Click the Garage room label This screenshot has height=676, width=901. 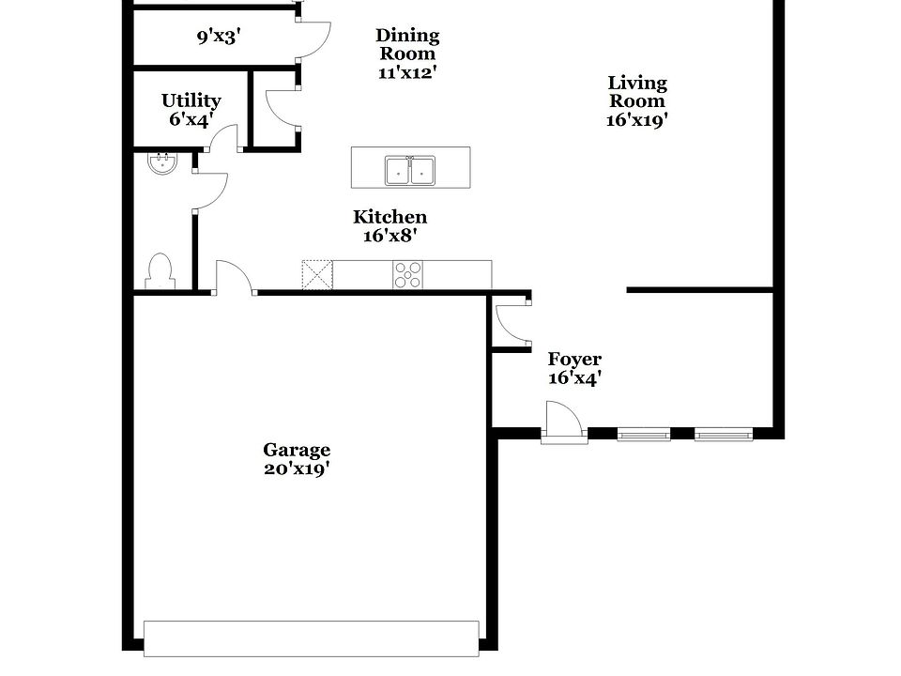(296, 451)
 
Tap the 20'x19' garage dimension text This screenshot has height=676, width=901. (296, 469)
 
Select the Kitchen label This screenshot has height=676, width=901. (389, 218)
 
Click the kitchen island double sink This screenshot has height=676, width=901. (410, 171)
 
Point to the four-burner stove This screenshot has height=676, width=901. (407, 275)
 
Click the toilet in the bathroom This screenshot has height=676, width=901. (160, 270)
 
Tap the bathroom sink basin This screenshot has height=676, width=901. (161, 164)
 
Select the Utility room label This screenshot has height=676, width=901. (191, 100)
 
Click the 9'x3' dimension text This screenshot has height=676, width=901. (219, 37)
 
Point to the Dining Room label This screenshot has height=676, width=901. (407, 45)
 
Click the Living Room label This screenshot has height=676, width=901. (637, 92)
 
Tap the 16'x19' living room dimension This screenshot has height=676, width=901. (637, 119)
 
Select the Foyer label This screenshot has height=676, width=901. (574, 360)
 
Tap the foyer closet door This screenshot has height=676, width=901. (512, 319)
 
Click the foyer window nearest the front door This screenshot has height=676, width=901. (644, 434)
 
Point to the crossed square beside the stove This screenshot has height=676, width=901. (317, 275)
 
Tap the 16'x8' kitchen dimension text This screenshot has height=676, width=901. (389, 237)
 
